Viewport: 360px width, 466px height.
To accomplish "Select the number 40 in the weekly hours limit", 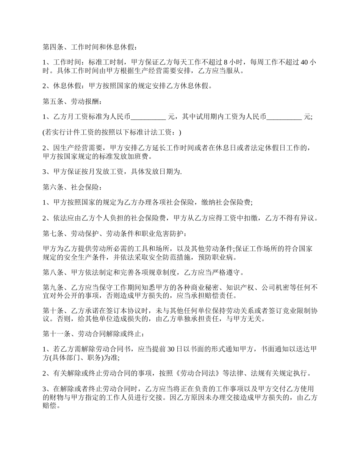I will [x=304, y=63].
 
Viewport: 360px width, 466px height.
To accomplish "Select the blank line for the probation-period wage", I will [x=284, y=117].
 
